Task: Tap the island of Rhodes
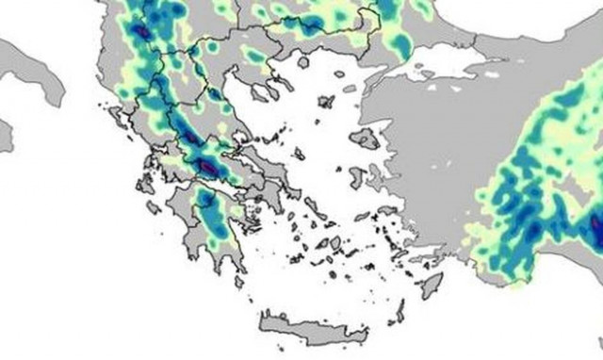pyautogui.click(x=432, y=284)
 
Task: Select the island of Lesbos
pyautogui.click(x=366, y=139)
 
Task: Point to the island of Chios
pyautogui.click(x=359, y=177)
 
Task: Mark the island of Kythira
pyautogui.click(x=237, y=281)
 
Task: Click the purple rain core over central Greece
pyautogui.click(x=208, y=168)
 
